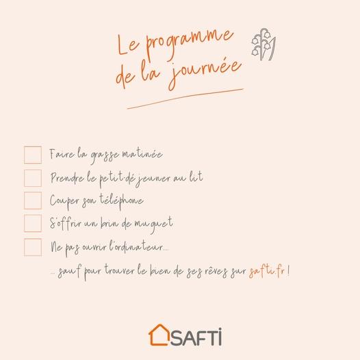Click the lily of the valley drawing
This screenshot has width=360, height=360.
pos(264,44)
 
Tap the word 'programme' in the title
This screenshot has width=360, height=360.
pos(189,42)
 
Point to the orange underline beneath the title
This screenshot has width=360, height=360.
pos(185,99)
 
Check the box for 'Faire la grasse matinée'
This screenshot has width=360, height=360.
pos(33,155)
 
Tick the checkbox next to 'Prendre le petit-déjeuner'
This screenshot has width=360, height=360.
pos(33,178)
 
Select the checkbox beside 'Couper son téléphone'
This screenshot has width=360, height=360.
pos(33,201)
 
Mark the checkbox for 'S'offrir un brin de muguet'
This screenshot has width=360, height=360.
pos(33,223)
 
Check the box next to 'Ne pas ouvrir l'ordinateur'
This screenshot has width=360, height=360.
pos(33,247)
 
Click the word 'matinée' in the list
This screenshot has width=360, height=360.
pos(142,153)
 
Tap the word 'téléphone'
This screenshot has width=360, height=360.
pos(121,201)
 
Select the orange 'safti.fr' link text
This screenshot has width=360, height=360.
pos(267,271)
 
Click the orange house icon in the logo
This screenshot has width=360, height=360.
pos(159,335)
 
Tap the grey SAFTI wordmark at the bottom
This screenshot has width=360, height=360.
pos(196,337)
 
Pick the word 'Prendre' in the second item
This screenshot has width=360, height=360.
pos(67,178)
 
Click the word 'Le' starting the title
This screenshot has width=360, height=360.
pos(128,45)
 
